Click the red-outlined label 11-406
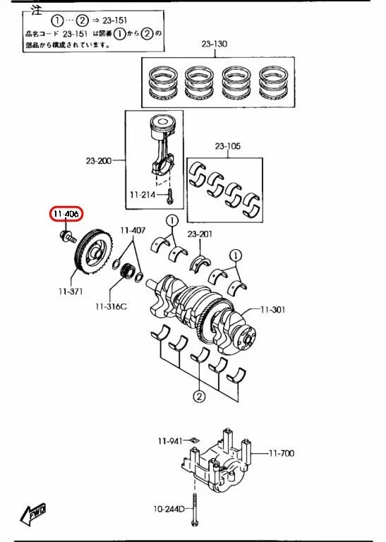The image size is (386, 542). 66,214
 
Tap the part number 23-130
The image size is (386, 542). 215,44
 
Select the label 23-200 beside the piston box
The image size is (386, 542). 99,161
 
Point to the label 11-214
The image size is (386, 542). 143,194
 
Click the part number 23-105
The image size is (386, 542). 227,147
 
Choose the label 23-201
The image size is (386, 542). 200,234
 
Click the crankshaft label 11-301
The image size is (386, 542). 274,309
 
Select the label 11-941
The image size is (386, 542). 169,440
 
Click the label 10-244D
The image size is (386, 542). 169,508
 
